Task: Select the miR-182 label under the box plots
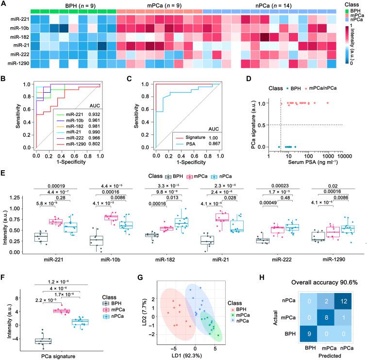pyautogui.click(x=144, y=260)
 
